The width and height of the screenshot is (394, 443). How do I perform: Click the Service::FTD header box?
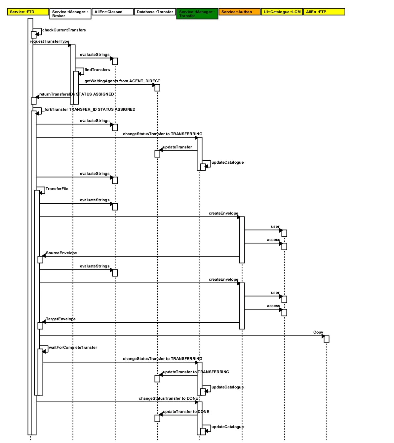tap(28, 12)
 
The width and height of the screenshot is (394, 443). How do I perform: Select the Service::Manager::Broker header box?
tap(70, 14)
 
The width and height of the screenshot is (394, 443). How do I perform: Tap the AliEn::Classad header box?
tap(113, 12)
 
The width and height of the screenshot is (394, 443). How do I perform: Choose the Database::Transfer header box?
tap(155, 12)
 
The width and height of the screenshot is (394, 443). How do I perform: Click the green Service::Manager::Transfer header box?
tap(197, 14)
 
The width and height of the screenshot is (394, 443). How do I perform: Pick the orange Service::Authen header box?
tap(240, 12)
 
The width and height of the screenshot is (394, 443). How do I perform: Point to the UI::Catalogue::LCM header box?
tap(282, 12)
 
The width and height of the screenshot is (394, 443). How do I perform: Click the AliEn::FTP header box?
tap(324, 12)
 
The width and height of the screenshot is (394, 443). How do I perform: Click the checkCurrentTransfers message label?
tap(64, 30)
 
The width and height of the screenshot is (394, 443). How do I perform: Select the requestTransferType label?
tap(50, 41)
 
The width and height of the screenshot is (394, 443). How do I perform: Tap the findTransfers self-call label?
tap(97, 70)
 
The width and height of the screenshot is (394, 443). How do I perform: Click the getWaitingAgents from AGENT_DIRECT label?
tap(122, 81)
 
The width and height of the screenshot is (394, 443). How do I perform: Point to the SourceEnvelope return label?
tap(61, 253)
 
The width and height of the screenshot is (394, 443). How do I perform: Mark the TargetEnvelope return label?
tap(60, 319)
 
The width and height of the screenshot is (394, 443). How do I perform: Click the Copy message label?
tap(318, 332)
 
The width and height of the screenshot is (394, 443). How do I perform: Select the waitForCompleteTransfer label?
tap(73, 347)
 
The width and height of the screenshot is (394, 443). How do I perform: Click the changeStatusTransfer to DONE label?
tap(168, 398)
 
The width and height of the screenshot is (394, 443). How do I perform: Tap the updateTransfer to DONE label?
tap(186, 412)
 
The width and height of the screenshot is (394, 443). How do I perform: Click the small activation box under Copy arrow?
tap(327, 339)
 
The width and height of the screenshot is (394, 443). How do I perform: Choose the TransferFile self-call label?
tap(57, 189)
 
